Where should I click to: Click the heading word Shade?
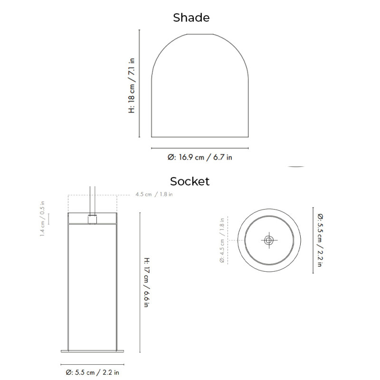point(191,18)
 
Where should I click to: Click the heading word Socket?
point(190,181)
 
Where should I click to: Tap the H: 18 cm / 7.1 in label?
point(132,85)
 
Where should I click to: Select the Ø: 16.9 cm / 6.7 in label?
point(199,157)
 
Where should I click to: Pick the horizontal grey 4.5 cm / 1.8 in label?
point(154,194)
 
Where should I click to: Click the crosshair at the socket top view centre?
point(268,240)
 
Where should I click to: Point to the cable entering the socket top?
point(93,199)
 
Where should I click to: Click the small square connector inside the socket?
point(93,219)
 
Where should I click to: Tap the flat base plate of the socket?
point(93,351)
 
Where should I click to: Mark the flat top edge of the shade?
point(199,34)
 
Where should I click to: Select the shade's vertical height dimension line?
point(139,83)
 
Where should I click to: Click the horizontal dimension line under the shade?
point(199,148)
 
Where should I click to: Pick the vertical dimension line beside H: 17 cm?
point(140,283)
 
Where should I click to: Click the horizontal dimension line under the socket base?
point(93,363)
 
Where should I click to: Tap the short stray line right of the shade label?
point(296,167)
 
